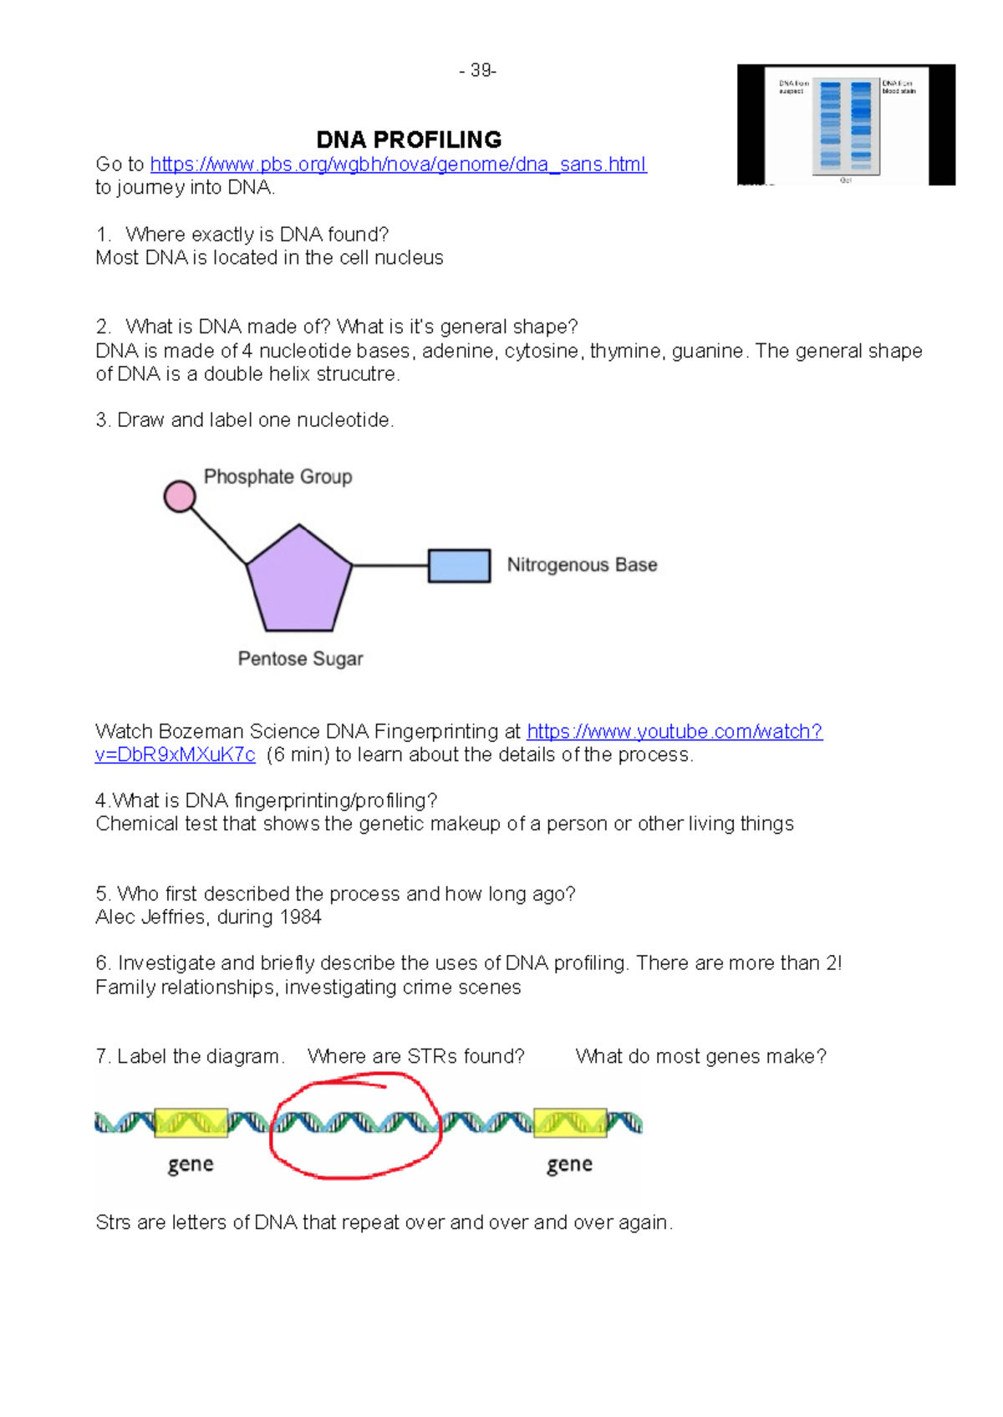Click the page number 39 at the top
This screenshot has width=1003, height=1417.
479,71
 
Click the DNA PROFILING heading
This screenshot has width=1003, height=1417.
409,140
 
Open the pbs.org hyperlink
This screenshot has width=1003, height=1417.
398,165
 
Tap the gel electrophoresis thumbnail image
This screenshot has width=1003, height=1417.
846,125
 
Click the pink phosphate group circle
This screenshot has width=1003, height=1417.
179,496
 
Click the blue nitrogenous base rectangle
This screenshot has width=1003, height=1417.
459,566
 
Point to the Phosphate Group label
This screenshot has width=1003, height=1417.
277,477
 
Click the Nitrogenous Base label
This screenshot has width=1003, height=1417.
582,566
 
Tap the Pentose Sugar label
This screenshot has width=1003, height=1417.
300,659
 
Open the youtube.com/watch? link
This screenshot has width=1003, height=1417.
674,732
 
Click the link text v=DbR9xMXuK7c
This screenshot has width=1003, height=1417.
176,755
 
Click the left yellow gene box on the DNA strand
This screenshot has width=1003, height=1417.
191,1123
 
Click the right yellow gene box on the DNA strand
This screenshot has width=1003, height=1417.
570,1123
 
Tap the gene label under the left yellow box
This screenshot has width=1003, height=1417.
191,1165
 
